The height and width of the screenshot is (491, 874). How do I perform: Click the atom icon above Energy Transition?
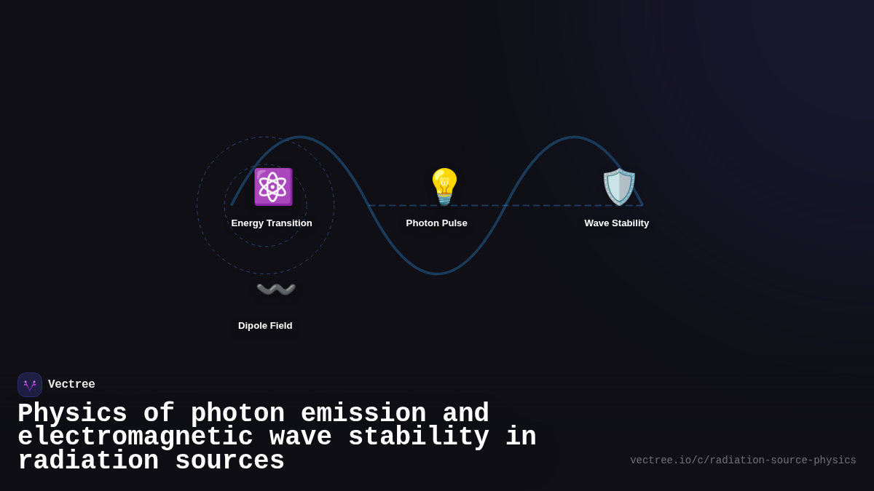pos(273,187)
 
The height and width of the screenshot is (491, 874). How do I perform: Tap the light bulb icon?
pos(444,187)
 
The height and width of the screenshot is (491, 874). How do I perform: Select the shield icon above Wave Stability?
pos(619,187)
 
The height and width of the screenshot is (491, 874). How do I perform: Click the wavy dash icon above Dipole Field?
pos(276,290)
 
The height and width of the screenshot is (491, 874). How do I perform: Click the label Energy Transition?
pos(272,223)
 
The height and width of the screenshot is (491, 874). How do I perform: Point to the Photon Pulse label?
pos(437,223)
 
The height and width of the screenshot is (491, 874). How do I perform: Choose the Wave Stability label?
pos(616,223)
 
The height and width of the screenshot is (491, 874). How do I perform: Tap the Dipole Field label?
pos(265,326)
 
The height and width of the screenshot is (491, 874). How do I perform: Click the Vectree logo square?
pos(30,385)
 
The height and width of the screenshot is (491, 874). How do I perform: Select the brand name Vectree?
pos(71,385)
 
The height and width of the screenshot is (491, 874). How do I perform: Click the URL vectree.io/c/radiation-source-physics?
pos(743,460)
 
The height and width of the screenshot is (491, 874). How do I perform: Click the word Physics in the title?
pos(72,414)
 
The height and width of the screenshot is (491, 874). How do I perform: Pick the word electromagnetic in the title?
pos(135,437)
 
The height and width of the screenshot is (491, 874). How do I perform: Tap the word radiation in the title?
pos(88,461)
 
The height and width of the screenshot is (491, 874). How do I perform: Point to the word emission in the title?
pos(363,414)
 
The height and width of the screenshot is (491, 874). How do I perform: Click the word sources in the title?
pos(229,461)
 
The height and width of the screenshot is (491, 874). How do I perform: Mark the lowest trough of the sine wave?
pos(437,274)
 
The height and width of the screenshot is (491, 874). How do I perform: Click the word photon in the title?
pos(237,414)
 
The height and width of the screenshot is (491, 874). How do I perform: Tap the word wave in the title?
pos(301,437)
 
